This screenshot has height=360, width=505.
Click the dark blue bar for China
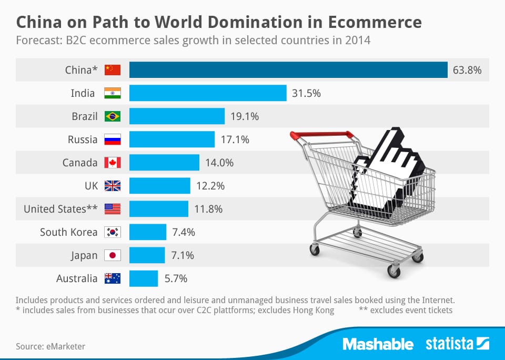pyautogui.click(x=288, y=70)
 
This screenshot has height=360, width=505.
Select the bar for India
pyautogui.click(x=208, y=93)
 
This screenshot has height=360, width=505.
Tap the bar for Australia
pyautogui.click(x=144, y=278)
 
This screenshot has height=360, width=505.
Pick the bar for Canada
pyautogui.click(x=164, y=163)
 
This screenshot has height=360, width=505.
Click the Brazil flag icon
pyautogui.click(x=113, y=116)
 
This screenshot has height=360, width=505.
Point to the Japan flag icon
pyautogui.click(x=113, y=255)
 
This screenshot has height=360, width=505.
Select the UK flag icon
pyautogui.click(x=113, y=186)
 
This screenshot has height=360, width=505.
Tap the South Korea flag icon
pyautogui.click(x=113, y=232)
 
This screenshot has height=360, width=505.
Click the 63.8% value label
pyautogui.click(x=467, y=70)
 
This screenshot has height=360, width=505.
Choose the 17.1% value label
pyautogui.click(x=235, y=139)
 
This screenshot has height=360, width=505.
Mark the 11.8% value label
pyautogui.click(x=208, y=209)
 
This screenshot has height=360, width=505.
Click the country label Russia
pyautogui.click(x=83, y=139)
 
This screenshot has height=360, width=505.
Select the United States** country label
pyautogui.click(x=60, y=209)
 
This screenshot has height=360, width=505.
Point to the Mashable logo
pyautogui.click(x=378, y=344)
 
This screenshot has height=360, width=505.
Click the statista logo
pyautogui.click(x=457, y=344)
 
